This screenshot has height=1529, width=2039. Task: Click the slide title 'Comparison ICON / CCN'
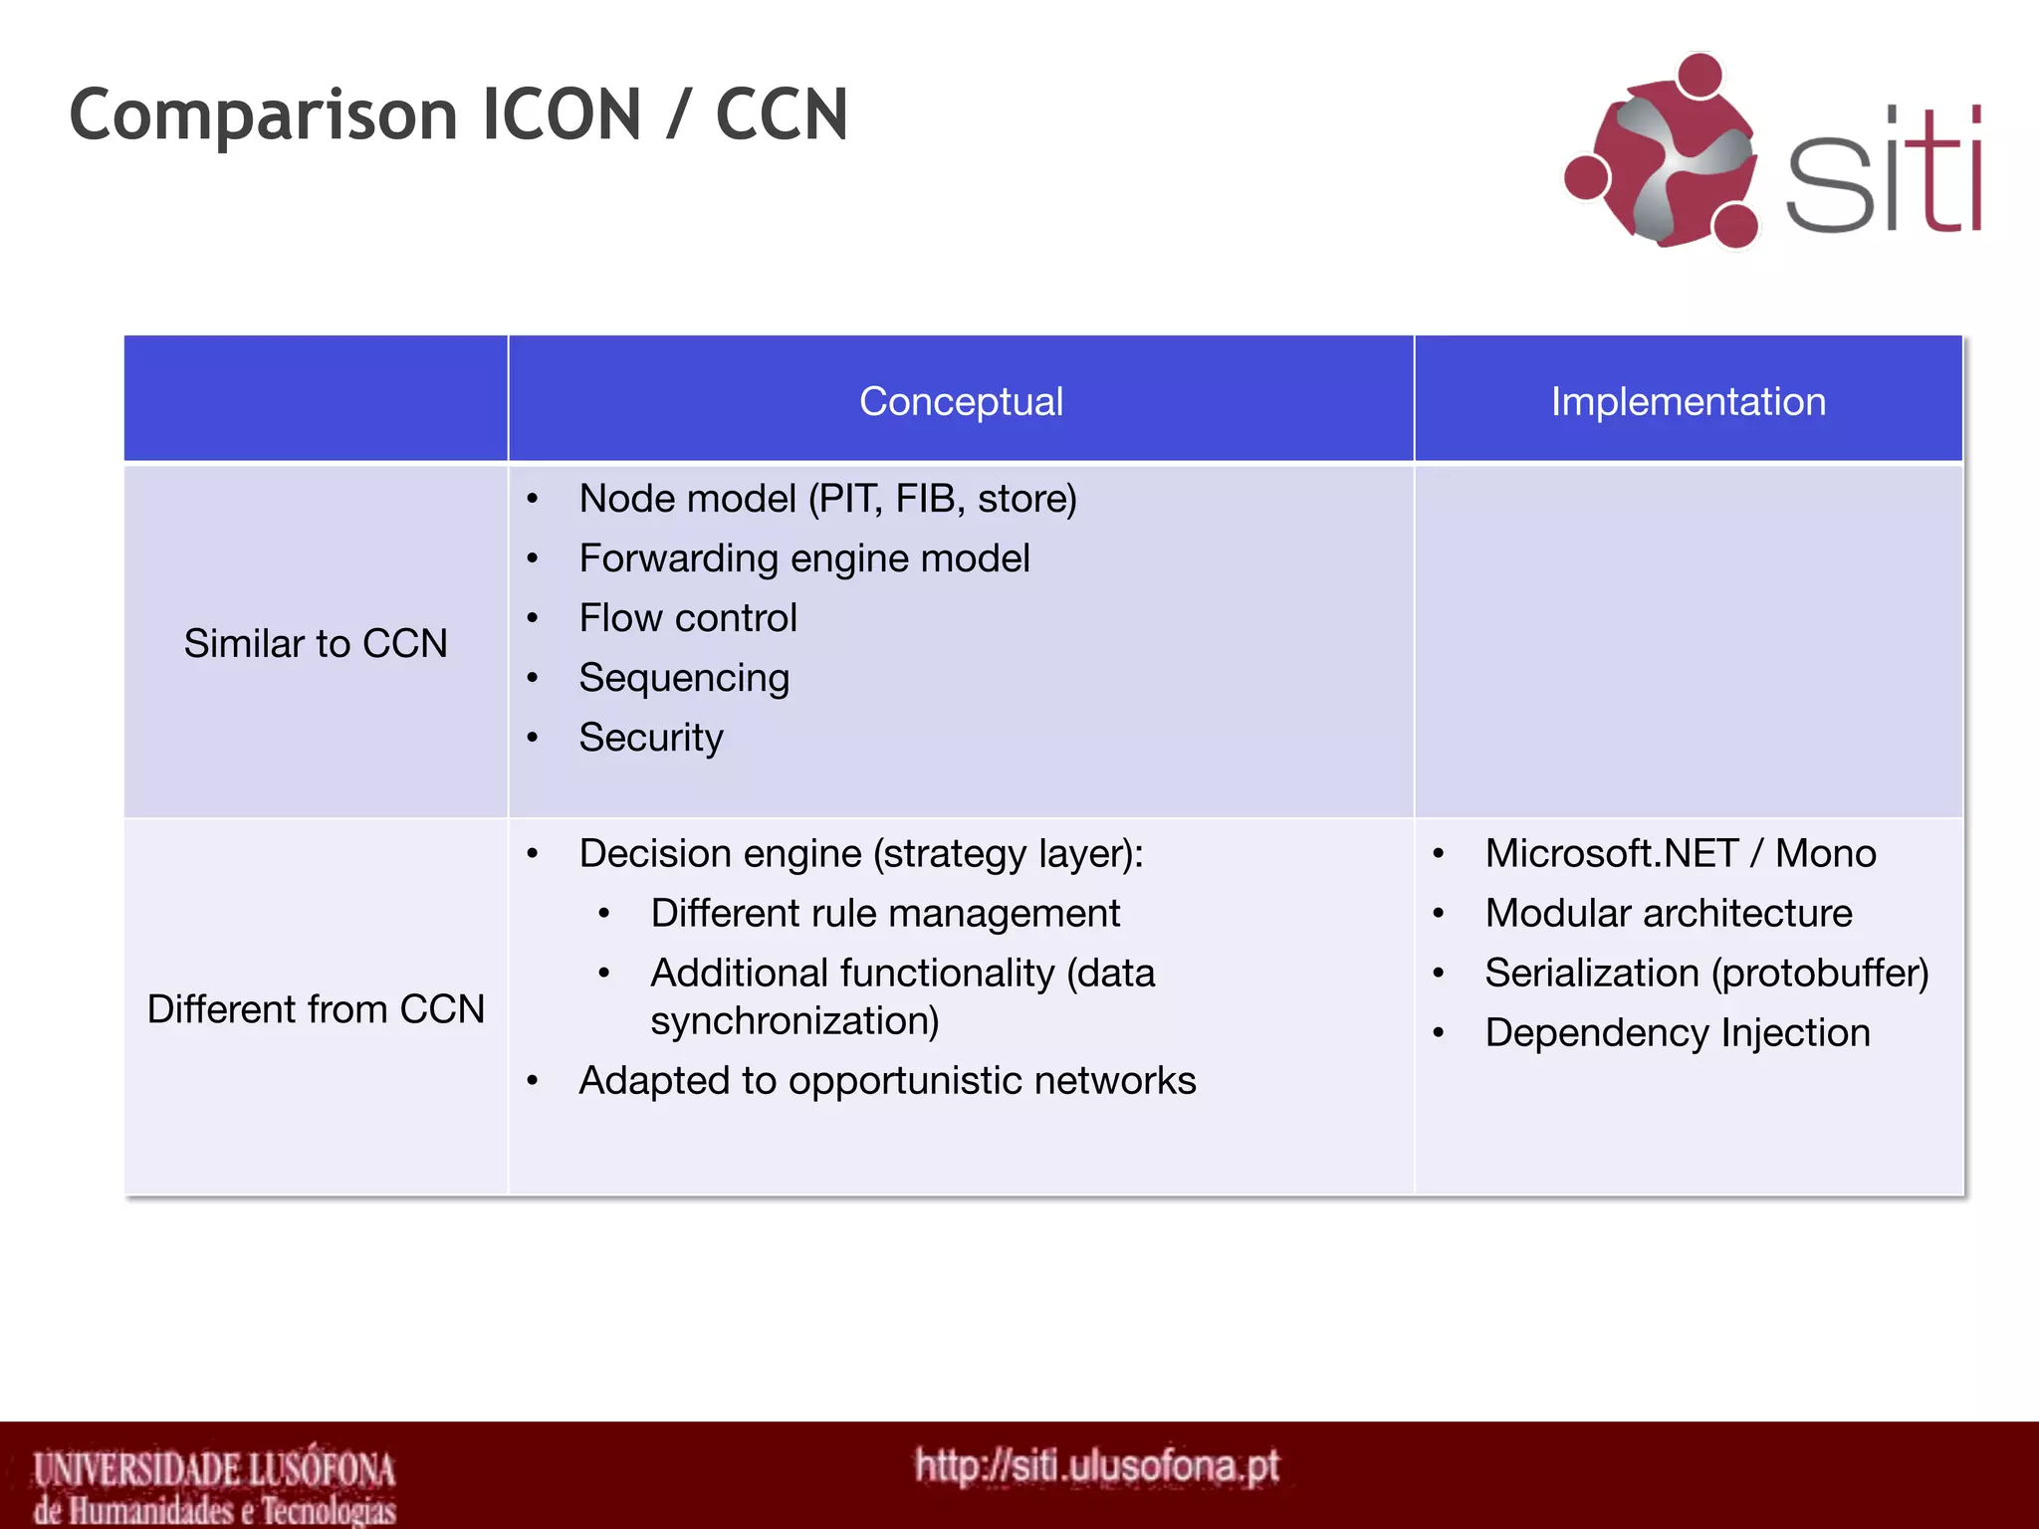[x=458, y=115]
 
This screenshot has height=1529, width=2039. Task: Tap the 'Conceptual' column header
[x=961, y=402]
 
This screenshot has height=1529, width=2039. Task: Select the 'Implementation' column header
[x=1688, y=402]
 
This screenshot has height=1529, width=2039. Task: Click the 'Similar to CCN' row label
[x=316, y=644]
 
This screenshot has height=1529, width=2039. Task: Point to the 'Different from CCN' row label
[x=316, y=1009]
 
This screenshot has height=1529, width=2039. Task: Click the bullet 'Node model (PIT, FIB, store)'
[x=827, y=499]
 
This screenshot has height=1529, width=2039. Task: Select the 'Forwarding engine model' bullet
[x=804, y=558]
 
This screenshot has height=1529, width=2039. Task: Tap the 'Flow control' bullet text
[x=688, y=618]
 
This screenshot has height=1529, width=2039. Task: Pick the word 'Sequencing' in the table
[x=684, y=678]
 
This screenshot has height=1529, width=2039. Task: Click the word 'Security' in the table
[x=651, y=738]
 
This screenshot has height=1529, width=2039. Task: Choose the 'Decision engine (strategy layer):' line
[x=861, y=854]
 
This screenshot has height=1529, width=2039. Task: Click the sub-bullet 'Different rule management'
[x=885, y=914]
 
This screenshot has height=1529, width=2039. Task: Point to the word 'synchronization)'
[x=794, y=1021]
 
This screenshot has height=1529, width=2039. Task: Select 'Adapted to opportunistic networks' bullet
[x=887, y=1081]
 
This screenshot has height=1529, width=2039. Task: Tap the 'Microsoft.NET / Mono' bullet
[x=1681, y=854]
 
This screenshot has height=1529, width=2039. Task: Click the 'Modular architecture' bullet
[x=1669, y=914]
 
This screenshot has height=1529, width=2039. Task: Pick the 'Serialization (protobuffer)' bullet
[x=1706, y=974]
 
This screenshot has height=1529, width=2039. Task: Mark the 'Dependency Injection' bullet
[x=1678, y=1033]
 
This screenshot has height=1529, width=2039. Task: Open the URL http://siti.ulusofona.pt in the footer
[x=1096, y=1466]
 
